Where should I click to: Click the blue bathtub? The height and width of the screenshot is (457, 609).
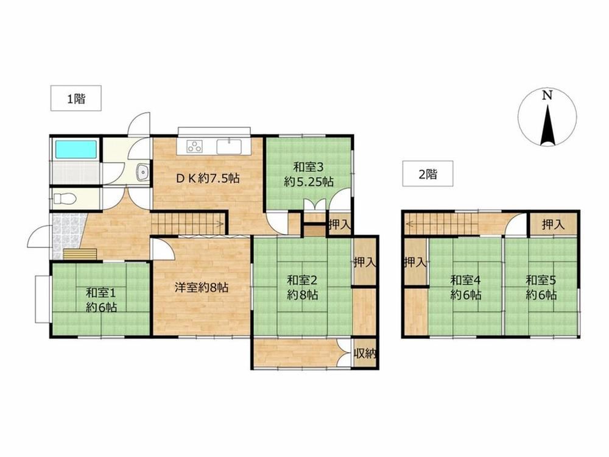pyautogui.click(x=76, y=149)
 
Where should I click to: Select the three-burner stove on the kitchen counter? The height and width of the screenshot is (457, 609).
pyautogui.click(x=195, y=146)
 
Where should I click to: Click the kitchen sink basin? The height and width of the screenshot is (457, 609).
pyautogui.click(x=229, y=147)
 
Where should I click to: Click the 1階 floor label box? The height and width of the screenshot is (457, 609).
pyautogui.click(x=76, y=98)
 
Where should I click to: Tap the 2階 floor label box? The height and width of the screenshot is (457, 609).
pyautogui.click(x=428, y=174)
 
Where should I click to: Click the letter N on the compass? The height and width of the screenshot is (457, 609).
pyautogui.click(x=547, y=95)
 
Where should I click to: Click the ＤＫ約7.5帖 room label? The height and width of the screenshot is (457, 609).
pyautogui.click(x=208, y=179)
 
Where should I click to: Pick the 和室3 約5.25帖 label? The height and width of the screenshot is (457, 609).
pyautogui.click(x=308, y=174)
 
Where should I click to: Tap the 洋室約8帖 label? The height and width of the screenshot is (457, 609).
pyautogui.click(x=201, y=288)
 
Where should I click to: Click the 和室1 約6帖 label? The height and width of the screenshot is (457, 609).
pyautogui.click(x=101, y=299)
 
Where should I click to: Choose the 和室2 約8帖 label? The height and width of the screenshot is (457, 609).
pyautogui.click(x=303, y=287)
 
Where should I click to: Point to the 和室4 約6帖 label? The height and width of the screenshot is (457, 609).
pyautogui.click(x=466, y=287)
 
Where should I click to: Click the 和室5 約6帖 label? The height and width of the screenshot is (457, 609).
pyautogui.click(x=541, y=287)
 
